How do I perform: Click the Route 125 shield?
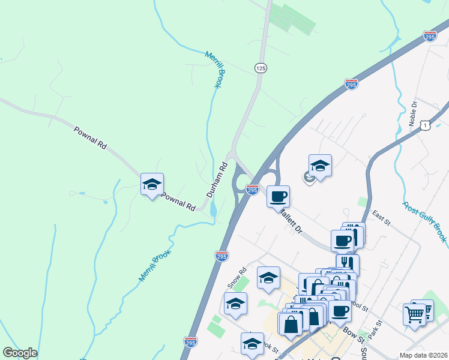click(261, 68)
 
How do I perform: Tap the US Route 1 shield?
click(425, 124)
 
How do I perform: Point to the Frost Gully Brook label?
click(425, 222)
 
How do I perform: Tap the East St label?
click(381, 218)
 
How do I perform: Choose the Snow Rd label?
click(238, 277)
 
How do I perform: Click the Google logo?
click(20, 353)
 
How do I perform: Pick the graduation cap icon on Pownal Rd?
click(152, 184)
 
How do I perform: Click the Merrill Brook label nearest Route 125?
click(214, 70)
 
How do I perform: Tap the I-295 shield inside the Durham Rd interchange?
click(252, 190)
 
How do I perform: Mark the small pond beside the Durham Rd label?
click(214, 209)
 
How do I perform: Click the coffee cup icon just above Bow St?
click(340, 311)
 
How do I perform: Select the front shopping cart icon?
click(415, 314)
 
